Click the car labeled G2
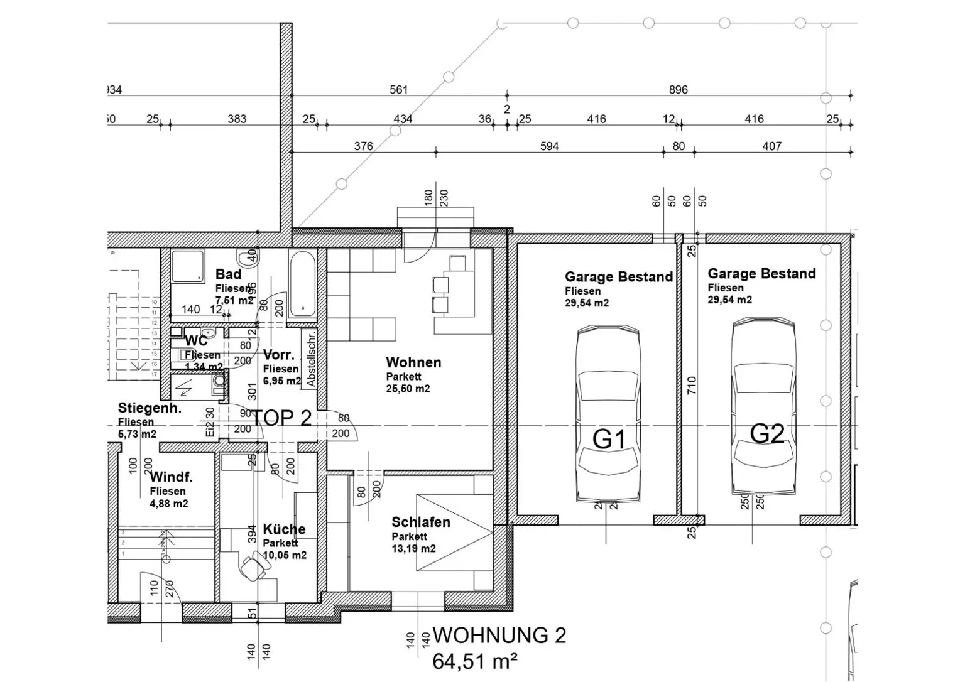click(x=764, y=408)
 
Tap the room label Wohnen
click(x=413, y=362)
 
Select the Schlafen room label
click(x=420, y=522)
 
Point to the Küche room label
click(x=284, y=529)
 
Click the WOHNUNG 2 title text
click(x=499, y=636)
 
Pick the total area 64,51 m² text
click(x=475, y=661)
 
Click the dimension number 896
click(x=678, y=90)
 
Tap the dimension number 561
click(x=399, y=90)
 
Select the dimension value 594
click(x=549, y=146)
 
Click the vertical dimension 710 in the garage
click(x=692, y=385)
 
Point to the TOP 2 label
click(x=282, y=418)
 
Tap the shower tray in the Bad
click(x=188, y=266)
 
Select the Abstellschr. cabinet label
click(x=311, y=359)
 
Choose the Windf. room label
click(x=171, y=477)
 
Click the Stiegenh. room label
click(x=150, y=409)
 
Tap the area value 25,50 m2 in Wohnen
click(x=408, y=389)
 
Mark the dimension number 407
click(x=771, y=146)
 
